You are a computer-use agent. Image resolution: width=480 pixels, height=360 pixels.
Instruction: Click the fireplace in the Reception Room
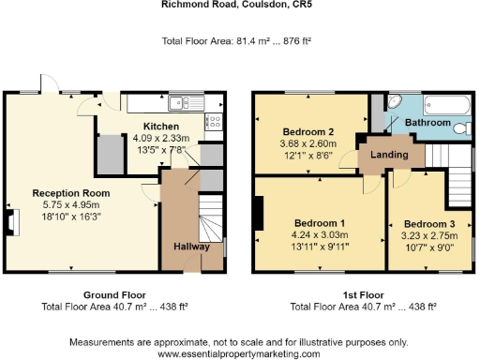[x=12, y=221]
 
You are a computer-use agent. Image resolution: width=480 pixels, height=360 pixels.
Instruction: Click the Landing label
[x=389, y=154]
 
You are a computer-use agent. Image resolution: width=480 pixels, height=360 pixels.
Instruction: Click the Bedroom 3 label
[x=430, y=224]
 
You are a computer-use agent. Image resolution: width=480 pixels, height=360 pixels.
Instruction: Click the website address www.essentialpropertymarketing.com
[x=239, y=353]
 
